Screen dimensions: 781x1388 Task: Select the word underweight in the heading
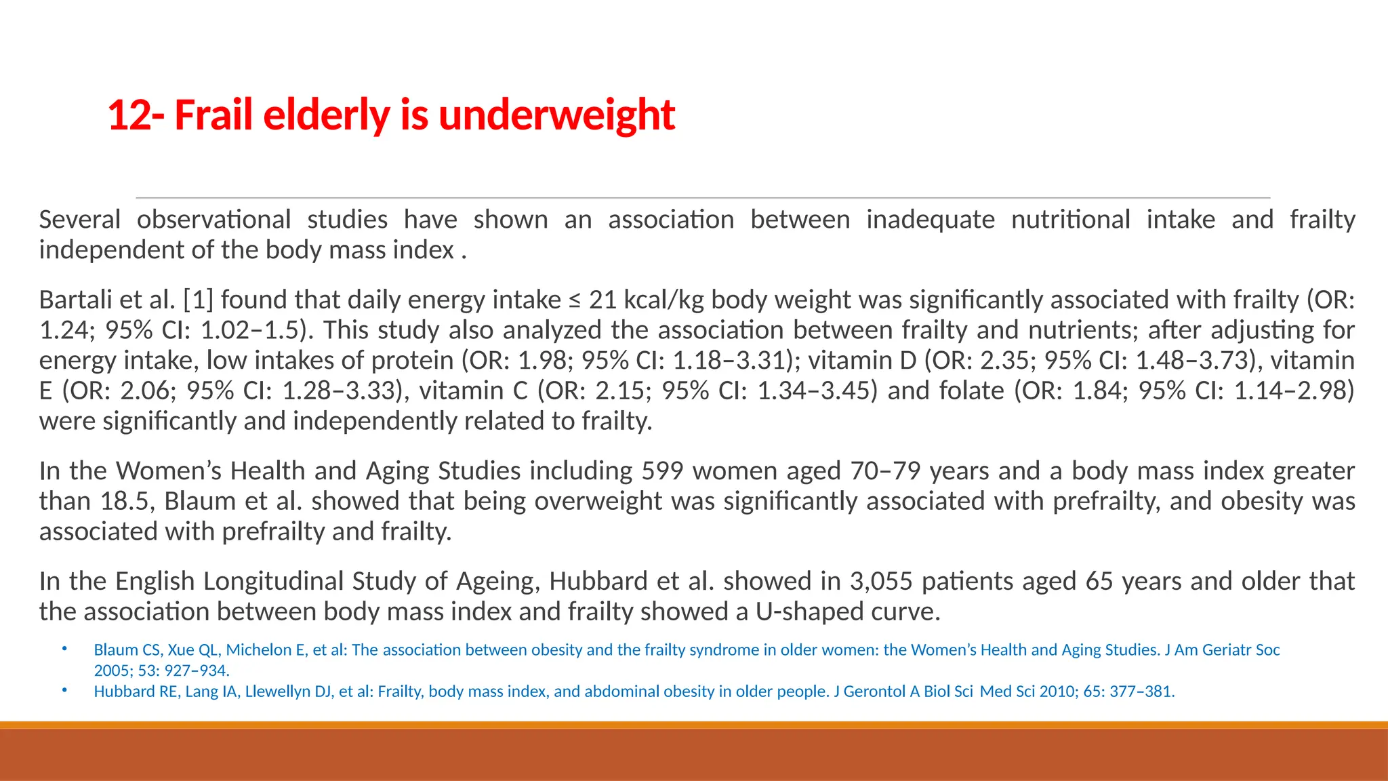(556, 115)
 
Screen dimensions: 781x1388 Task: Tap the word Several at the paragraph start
(79, 220)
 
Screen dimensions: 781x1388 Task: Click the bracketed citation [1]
(198, 300)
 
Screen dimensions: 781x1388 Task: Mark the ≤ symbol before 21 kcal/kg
(575, 300)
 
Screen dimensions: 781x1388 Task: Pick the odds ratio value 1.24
(62, 330)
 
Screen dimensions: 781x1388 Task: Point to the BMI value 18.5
(128, 502)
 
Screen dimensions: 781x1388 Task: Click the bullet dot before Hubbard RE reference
(64, 690)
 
